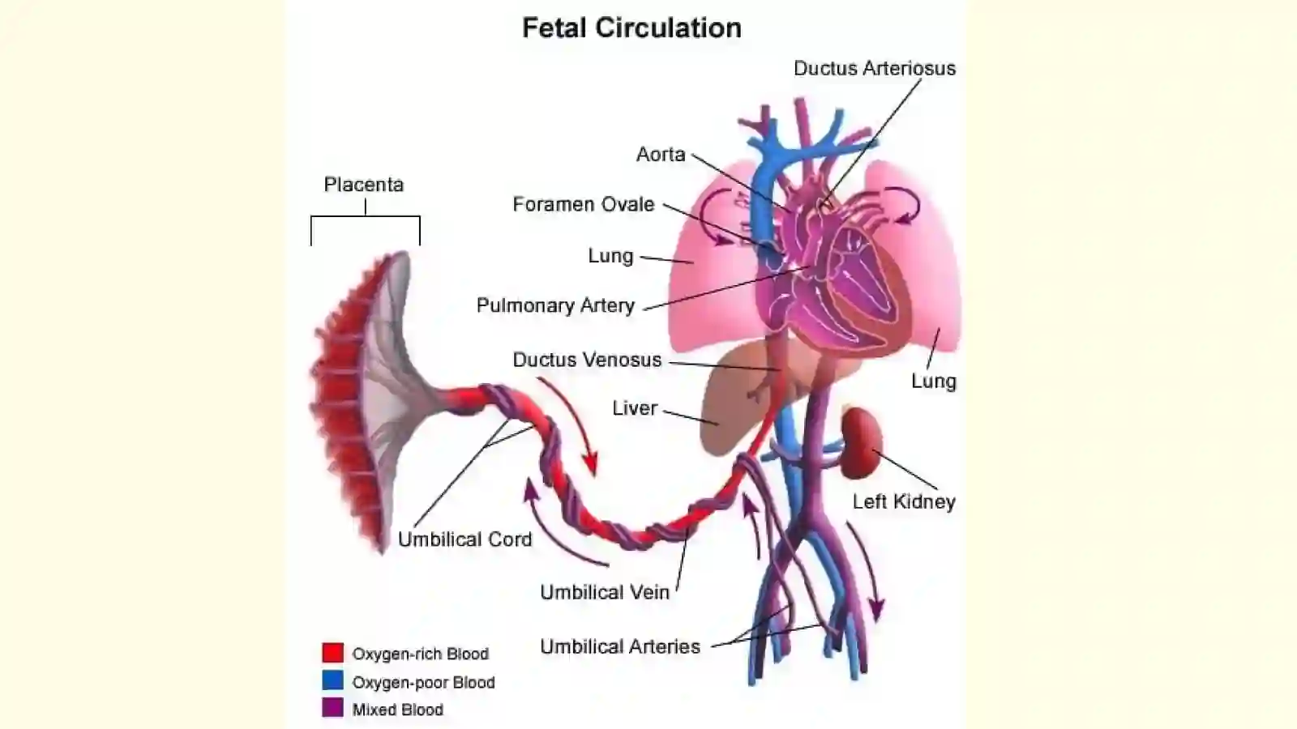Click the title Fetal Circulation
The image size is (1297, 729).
pyautogui.click(x=631, y=28)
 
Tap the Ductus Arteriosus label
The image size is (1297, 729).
pyautogui.click(x=875, y=68)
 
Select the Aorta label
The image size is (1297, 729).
pyautogui.click(x=661, y=155)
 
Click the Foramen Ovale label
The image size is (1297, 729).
pyautogui.click(x=584, y=204)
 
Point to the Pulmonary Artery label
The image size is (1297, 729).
pyautogui.click(x=556, y=305)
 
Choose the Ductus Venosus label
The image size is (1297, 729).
pyautogui.click(x=587, y=360)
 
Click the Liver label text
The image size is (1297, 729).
pyautogui.click(x=636, y=408)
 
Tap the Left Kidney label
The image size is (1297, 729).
pyautogui.click(x=904, y=501)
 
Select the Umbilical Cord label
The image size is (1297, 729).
pyautogui.click(x=465, y=539)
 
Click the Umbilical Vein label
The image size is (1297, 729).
pyautogui.click(x=605, y=592)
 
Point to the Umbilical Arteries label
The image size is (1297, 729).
pyautogui.click(x=620, y=646)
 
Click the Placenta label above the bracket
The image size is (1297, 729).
pyautogui.click(x=364, y=185)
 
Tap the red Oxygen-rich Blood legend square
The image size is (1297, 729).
pyautogui.click(x=333, y=653)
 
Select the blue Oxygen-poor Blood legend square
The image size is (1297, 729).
pyautogui.click(x=333, y=680)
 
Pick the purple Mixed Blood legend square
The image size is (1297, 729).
pyautogui.click(x=333, y=708)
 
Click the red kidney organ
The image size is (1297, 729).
pyautogui.click(x=861, y=442)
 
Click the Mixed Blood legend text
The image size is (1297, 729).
pyautogui.click(x=398, y=710)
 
